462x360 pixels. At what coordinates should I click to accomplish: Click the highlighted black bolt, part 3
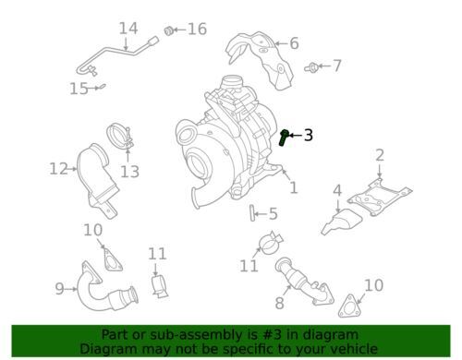(x=284, y=138)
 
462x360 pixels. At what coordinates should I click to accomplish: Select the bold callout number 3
(x=309, y=135)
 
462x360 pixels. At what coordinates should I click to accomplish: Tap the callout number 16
(x=197, y=30)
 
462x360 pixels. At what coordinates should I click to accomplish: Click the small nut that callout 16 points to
(x=168, y=30)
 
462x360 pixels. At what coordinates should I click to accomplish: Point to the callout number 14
(x=128, y=29)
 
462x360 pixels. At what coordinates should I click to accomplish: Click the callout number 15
(x=79, y=89)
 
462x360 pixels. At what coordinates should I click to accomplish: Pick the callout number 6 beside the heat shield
(x=294, y=43)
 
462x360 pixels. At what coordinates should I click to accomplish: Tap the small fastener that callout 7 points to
(x=311, y=67)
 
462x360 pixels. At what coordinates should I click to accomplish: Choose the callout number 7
(x=337, y=66)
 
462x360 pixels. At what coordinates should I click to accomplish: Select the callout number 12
(x=58, y=169)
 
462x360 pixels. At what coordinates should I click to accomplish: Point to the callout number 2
(x=380, y=155)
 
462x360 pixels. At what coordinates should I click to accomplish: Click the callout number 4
(x=337, y=190)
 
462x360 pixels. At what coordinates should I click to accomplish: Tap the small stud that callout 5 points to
(x=251, y=213)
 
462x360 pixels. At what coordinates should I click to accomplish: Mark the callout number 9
(x=59, y=289)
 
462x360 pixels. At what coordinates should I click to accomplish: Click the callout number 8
(x=279, y=303)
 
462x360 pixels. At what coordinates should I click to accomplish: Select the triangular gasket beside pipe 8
(x=350, y=306)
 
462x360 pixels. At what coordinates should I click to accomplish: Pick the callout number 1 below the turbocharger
(x=294, y=187)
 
